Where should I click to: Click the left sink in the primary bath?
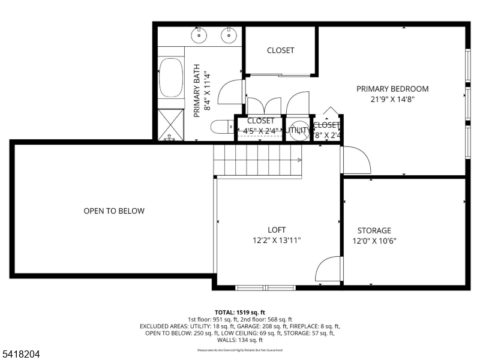(200, 35)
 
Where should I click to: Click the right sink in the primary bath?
(229, 35)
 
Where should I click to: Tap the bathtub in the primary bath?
(172, 77)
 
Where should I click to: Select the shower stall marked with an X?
(172, 124)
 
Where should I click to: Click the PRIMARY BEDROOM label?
(392, 89)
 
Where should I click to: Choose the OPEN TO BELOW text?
(114, 211)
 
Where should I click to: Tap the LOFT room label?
(277, 230)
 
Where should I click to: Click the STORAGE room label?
(374, 230)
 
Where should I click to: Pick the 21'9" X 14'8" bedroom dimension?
(392, 100)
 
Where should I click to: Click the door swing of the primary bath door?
(231, 92)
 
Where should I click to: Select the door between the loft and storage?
(329, 269)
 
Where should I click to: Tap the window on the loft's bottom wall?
(265, 287)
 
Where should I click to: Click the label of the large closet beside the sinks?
(280, 50)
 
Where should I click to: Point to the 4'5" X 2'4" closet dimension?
(260, 131)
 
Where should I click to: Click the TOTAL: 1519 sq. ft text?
(239, 313)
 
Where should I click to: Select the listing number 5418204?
(20, 355)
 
